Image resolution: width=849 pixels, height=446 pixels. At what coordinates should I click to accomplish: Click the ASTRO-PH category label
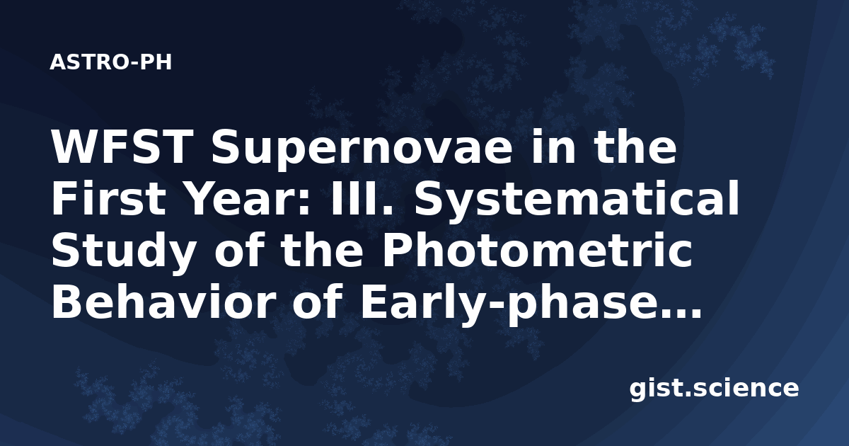tap(110, 62)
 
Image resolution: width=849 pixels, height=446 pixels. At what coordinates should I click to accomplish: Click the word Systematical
tap(577, 201)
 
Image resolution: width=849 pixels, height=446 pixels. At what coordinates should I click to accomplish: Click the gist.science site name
tap(714, 389)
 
